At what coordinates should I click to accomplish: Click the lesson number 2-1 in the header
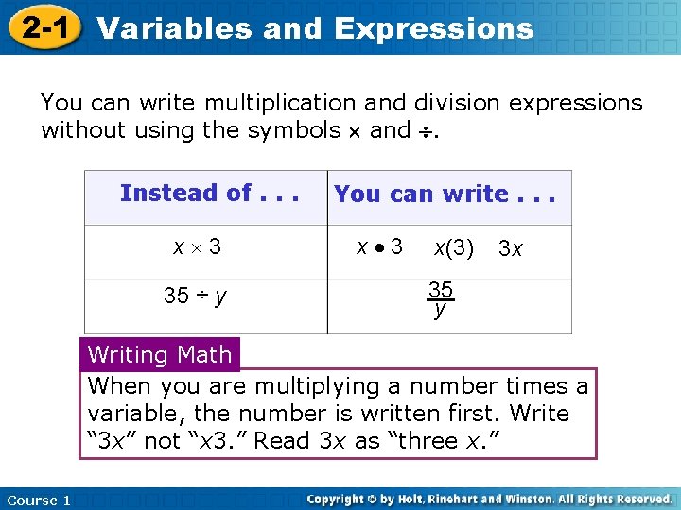tap(44, 27)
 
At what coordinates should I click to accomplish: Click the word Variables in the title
tap(175, 28)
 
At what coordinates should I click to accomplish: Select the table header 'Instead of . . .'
tap(209, 194)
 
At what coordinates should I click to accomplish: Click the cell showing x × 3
tap(197, 247)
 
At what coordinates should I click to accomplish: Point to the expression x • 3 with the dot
tap(379, 247)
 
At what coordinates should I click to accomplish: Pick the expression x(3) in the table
tap(454, 248)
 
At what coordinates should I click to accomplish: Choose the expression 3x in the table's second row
tap(511, 249)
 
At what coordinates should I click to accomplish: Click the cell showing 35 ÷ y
tap(195, 296)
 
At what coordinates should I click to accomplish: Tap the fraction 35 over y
tap(439, 298)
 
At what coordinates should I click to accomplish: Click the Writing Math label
tap(160, 355)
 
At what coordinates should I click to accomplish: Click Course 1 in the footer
tap(39, 500)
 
